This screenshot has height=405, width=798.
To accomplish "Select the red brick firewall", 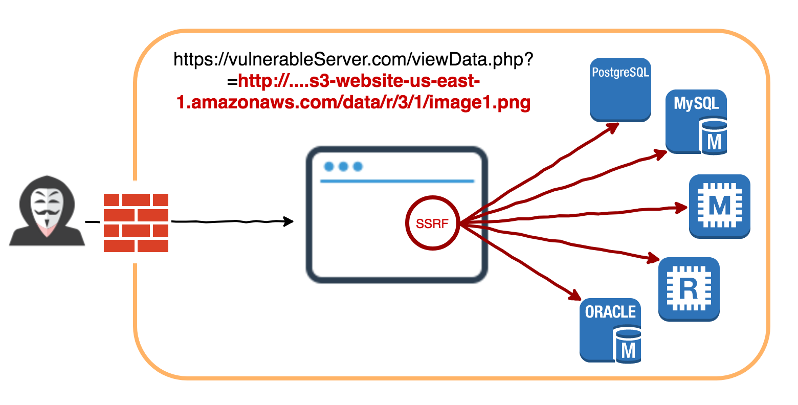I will coord(136,222).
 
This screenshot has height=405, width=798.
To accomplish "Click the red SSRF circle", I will coord(432,223).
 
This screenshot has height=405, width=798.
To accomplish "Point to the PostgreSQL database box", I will coord(620,89).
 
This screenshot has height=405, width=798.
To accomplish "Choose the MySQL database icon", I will coord(696,122).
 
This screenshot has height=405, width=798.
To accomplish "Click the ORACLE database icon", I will coord(610,330).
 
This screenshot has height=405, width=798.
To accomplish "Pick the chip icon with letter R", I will coord(689,289).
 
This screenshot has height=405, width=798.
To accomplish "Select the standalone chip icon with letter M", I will coord(719,206).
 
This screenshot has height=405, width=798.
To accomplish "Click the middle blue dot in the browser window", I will coord(343,167).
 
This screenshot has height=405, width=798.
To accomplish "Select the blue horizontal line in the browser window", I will coord(397,181).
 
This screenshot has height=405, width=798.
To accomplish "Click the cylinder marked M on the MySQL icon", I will coord(713,137).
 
